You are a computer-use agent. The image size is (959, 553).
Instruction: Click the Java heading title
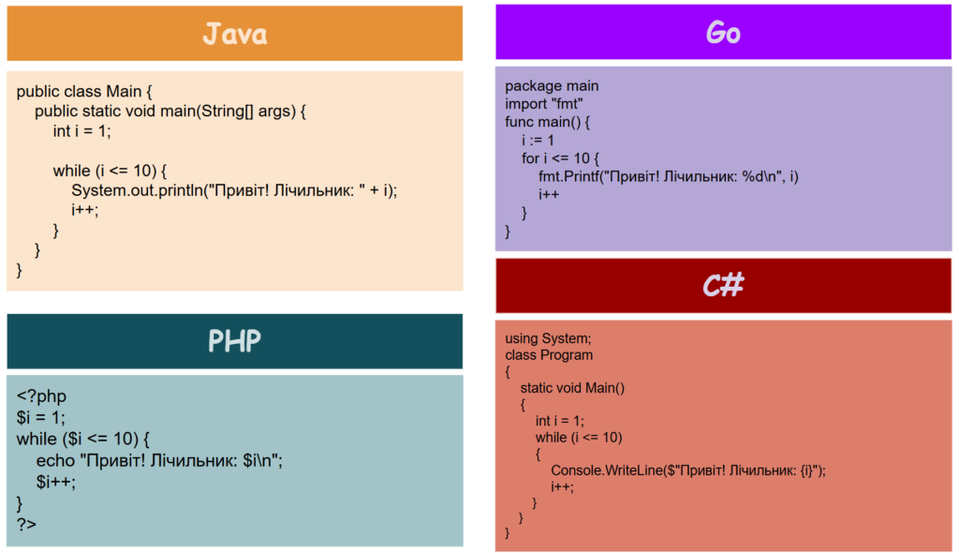click(x=235, y=35)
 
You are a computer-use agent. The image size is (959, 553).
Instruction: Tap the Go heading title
click(x=723, y=32)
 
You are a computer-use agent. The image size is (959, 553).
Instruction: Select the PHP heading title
click(x=234, y=341)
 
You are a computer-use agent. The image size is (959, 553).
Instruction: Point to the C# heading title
click(x=723, y=285)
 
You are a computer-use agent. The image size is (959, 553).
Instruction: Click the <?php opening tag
click(x=41, y=396)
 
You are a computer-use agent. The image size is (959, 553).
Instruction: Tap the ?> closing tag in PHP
click(x=26, y=524)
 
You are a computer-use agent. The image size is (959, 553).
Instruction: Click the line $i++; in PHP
click(x=55, y=482)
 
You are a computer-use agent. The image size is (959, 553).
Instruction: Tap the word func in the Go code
click(x=519, y=122)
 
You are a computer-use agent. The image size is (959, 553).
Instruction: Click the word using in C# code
click(x=521, y=338)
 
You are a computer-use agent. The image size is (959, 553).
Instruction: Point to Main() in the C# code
click(x=605, y=388)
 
